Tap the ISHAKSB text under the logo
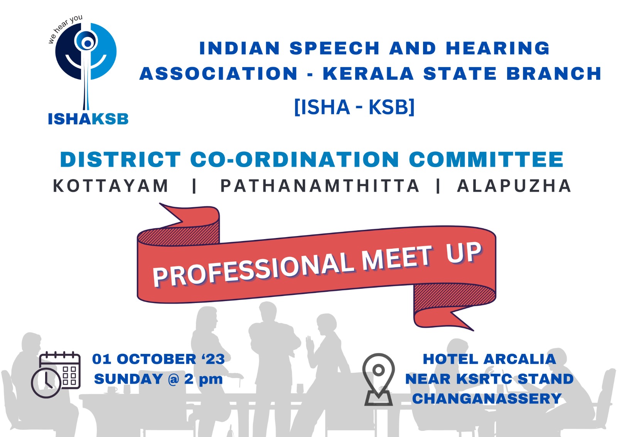tap(88, 119)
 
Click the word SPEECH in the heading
tap(335, 48)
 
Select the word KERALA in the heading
tap(368, 74)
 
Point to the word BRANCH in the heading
tap(554, 74)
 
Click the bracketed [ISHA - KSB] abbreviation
tap(354, 107)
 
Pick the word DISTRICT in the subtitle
tap(120, 159)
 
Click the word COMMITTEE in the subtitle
tap(486, 159)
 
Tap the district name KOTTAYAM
tap(110, 186)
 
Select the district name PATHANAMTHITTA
tap(320, 186)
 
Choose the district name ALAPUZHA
tap(514, 186)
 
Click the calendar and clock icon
tap(56, 375)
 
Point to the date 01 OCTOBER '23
tap(158, 359)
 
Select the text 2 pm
tap(203, 379)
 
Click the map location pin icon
tap(378, 380)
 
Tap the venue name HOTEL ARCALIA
tap(489, 359)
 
